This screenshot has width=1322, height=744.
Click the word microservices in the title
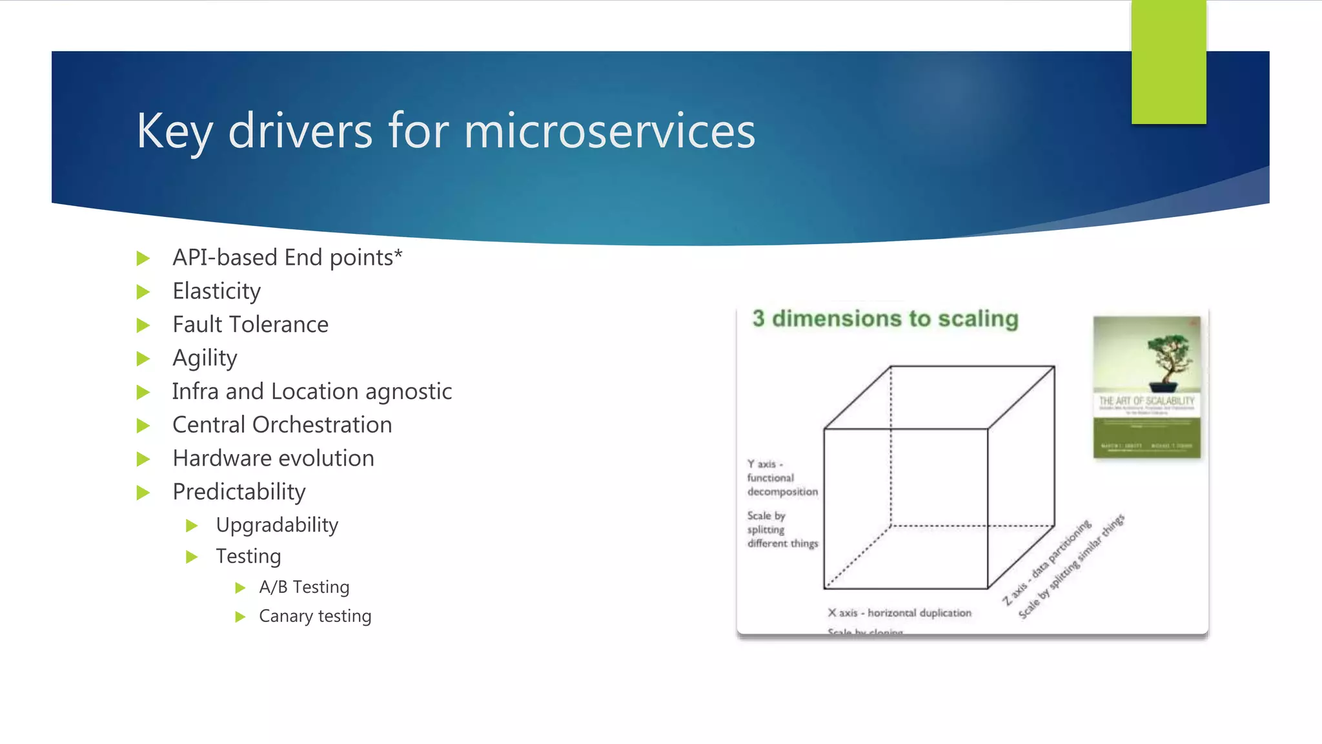point(609,131)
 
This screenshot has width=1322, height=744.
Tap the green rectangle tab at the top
point(1168,62)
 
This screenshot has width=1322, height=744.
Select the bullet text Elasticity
point(216,291)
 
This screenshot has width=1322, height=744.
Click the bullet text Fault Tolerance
point(250,324)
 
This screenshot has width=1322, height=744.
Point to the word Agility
point(205,358)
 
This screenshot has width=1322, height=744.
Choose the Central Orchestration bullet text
point(282,425)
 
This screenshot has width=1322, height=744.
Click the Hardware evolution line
point(273,459)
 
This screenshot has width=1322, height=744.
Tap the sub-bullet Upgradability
point(277,525)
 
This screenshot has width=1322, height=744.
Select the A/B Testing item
point(304,587)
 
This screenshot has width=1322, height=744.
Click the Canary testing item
point(315,616)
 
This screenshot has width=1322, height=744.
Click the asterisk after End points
point(398,253)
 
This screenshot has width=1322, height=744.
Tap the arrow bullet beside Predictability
point(143,493)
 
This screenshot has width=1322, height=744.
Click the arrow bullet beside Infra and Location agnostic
point(143,392)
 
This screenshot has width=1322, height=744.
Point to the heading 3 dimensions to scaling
point(885,319)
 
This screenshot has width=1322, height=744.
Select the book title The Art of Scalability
point(1146,401)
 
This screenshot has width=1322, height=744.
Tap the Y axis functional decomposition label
point(781,478)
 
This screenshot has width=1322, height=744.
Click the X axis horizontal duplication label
point(900,613)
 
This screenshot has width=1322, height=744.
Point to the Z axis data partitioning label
point(1046,562)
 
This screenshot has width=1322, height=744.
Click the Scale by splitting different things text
point(781,530)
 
